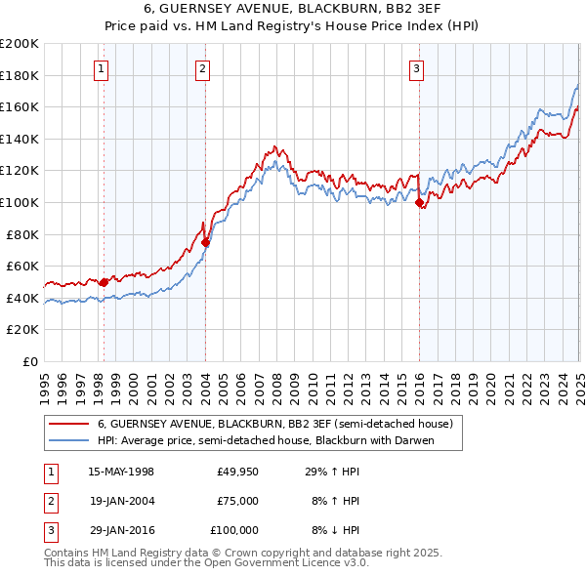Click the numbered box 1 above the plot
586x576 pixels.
pyautogui.click(x=102, y=68)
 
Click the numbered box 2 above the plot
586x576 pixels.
pyautogui.click(x=201, y=68)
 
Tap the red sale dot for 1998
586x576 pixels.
pyautogui.click(x=104, y=282)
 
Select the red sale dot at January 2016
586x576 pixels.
pyautogui.click(x=419, y=203)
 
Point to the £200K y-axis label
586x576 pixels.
pyautogui.click(x=20, y=44)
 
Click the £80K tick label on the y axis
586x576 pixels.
pyautogui.click(x=22, y=234)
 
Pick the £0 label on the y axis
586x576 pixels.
pyautogui.click(x=30, y=361)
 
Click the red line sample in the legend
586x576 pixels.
pyautogui.click(x=68, y=425)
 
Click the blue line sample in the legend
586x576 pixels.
pyautogui.click(x=68, y=440)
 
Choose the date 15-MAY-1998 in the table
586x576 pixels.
pyautogui.click(x=121, y=472)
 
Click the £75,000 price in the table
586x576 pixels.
pyautogui.click(x=237, y=501)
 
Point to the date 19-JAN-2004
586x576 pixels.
pyautogui.click(x=121, y=501)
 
